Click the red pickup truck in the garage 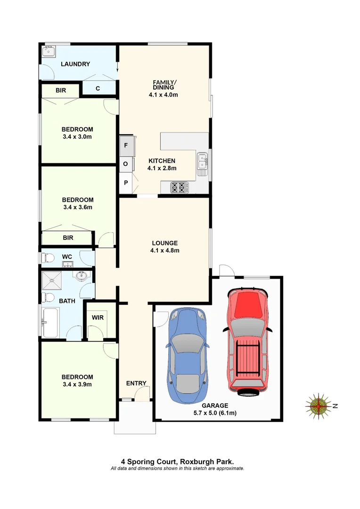pos(247,339)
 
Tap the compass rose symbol pos(319,405)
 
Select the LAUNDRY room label pos(75,64)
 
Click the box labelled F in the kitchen pos(126,146)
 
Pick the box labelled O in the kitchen pos(126,164)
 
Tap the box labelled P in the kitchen pos(126,182)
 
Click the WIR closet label pos(98,318)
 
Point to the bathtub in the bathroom pos(51,322)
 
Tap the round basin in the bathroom pos(80,276)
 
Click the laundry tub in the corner pos(49,51)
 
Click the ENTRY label pos(136,383)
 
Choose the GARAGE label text pos(215,405)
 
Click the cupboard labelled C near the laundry pos(98,88)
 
